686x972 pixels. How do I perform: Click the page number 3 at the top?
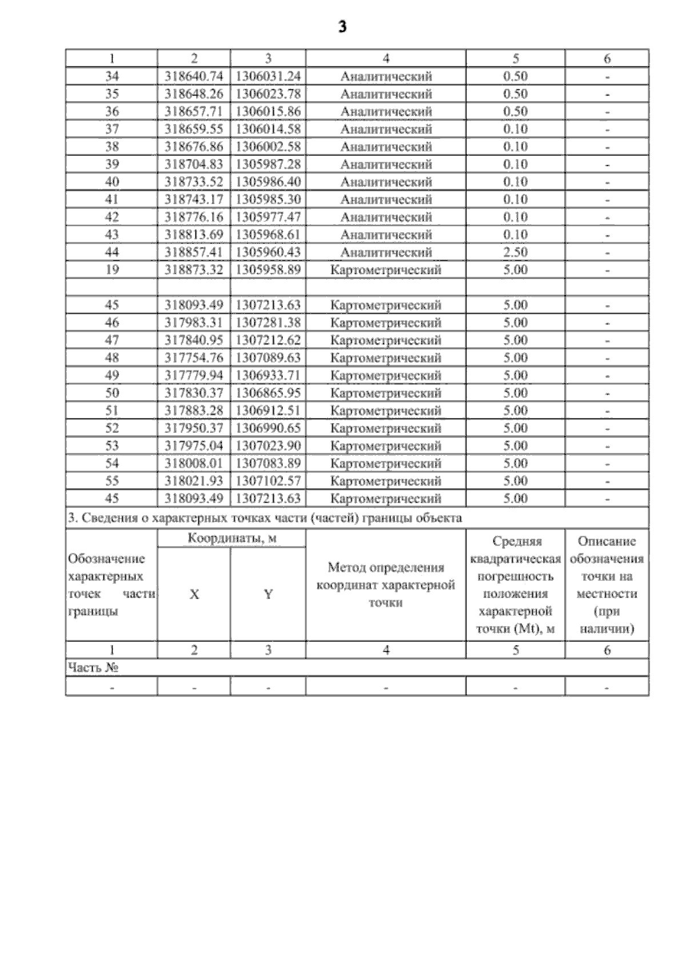pyautogui.click(x=342, y=27)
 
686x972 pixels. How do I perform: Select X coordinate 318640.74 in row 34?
pyautogui.click(x=194, y=76)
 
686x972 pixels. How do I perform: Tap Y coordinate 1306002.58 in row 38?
pyautogui.click(x=268, y=146)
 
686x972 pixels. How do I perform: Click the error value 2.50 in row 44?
pyautogui.click(x=515, y=252)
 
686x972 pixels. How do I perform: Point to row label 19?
pyautogui.click(x=112, y=270)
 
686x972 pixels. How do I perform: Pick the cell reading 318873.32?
pyautogui.click(x=194, y=270)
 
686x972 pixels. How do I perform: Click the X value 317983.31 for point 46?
pyautogui.click(x=194, y=322)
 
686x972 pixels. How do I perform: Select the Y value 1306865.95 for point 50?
pyautogui.click(x=268, y=393)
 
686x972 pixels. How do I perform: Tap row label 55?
pyautogui.click(x=112, y=481)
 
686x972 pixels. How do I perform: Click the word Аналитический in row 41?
pyautogui.click(x=386, y=200)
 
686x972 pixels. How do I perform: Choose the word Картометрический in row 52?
pyautogui.click(x=386, y=428)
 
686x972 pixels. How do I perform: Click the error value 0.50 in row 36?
pyautogui.click(x=515, y=111)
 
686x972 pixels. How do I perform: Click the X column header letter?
pyautogui.click(x=194, y=595)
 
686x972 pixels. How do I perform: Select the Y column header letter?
pyautogui.click(x=268, y=595)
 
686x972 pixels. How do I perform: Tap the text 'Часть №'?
pyautogui.click(x=93, y=668)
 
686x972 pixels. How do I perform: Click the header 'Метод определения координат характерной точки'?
pyautogui.click(x=386, y=585)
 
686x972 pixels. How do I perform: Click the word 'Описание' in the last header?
pyautogui.click(x=607, y=541)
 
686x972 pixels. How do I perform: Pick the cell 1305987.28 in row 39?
pyautogui.click(x=268, y=164)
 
